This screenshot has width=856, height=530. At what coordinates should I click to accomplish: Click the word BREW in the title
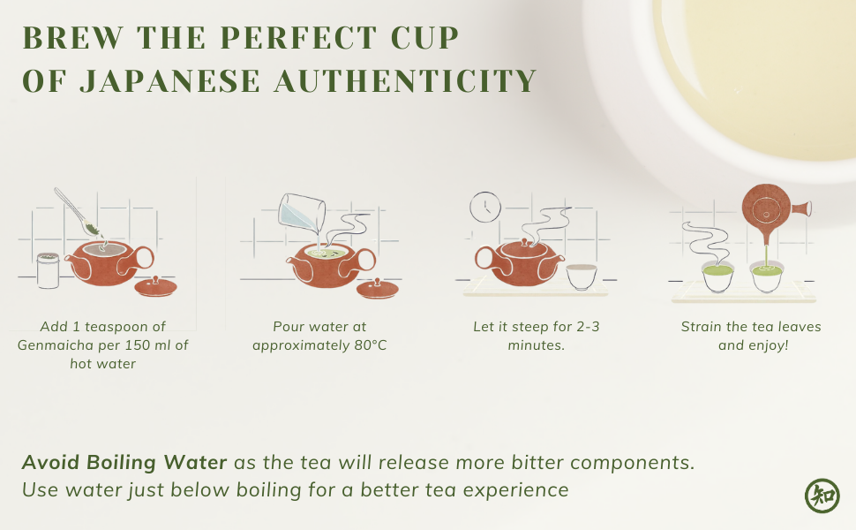[73, 38]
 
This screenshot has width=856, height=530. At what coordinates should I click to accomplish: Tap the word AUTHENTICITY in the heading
[406, 81]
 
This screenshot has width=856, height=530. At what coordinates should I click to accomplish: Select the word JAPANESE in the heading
[169, 81]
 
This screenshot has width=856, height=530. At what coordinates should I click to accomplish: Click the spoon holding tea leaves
[78, 212]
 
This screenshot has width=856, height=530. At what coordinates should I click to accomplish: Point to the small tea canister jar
[48, 270]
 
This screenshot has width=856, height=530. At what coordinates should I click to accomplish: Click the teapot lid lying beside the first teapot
[155, 287]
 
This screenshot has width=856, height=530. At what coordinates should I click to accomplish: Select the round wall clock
[485, 207]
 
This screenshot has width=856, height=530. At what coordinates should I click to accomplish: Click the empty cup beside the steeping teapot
[582, 276]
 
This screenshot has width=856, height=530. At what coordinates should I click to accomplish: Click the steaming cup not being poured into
[717, 277]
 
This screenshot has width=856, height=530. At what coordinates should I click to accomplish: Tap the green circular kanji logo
[822, 496]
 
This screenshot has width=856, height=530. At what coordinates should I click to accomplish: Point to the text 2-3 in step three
[588, 327]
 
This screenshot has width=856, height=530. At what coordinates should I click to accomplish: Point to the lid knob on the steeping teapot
[524, 241]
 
